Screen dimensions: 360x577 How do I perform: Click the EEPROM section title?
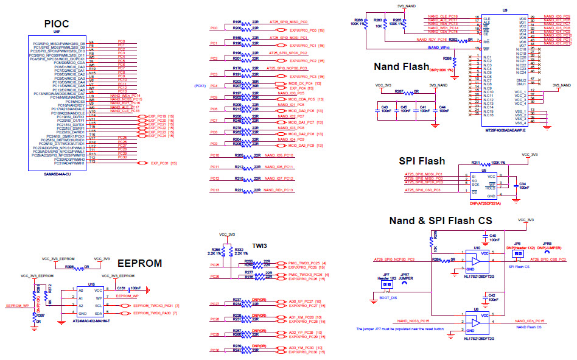pos(139,263)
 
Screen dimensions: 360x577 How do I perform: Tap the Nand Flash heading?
pos(401,66)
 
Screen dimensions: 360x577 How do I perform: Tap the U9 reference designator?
pos(505,10)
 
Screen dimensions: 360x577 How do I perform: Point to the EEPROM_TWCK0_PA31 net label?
pos(154,305)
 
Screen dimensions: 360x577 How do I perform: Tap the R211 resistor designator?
pos(477,163)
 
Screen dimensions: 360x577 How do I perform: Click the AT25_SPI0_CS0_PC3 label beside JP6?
pos(548,259)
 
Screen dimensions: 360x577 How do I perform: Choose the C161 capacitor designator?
pos(121,286)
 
